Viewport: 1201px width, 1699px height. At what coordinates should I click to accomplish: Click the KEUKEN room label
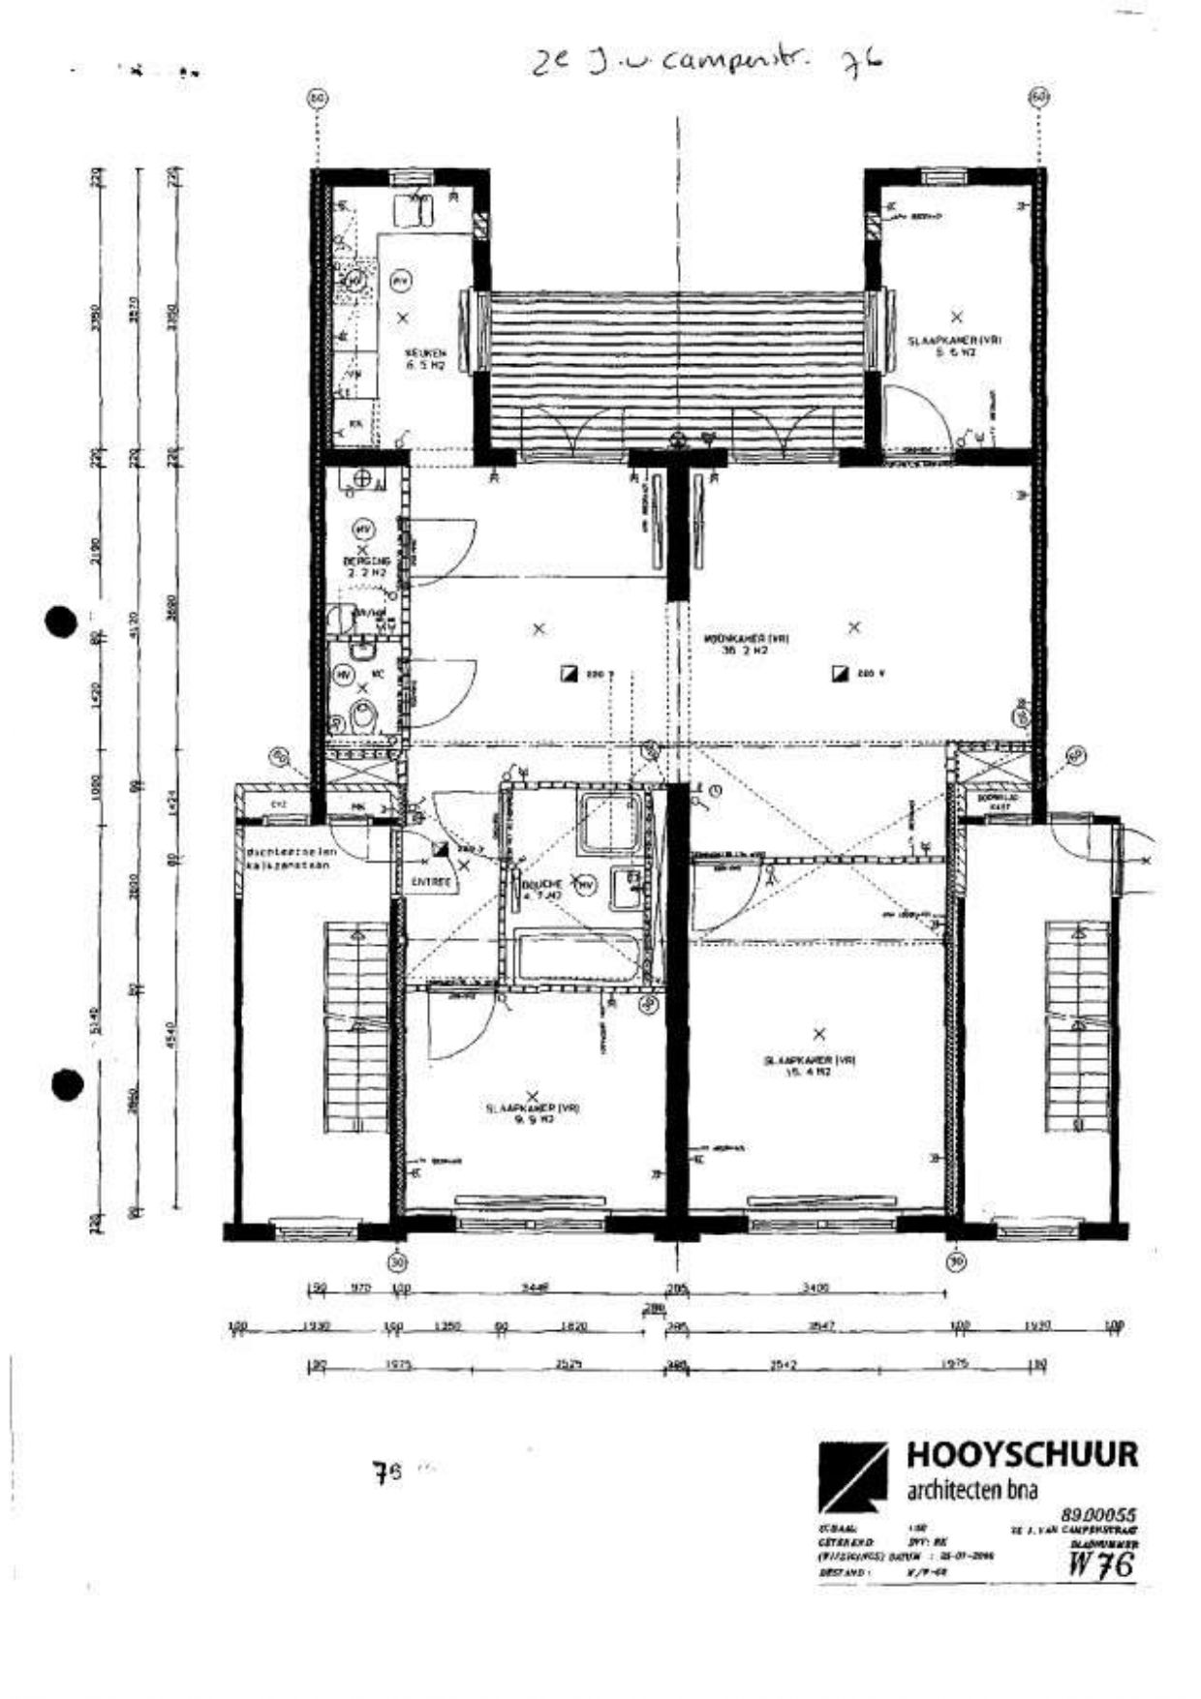424,358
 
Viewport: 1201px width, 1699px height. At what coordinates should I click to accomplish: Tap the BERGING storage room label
366,567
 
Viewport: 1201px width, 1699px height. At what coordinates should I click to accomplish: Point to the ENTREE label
431,882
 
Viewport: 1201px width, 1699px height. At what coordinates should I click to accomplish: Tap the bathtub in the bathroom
577,957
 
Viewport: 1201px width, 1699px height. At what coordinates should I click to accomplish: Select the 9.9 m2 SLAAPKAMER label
533,1113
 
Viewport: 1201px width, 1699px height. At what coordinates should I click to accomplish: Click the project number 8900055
1097,1514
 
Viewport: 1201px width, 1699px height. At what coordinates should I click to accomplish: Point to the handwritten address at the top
707,63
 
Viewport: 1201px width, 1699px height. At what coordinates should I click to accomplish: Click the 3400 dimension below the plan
816,1288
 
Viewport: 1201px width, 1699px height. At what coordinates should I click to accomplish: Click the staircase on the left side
355,1026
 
